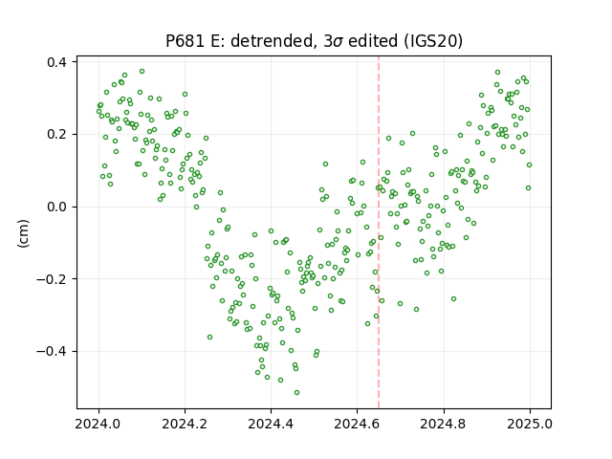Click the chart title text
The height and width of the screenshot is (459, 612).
click(x=315, y=41)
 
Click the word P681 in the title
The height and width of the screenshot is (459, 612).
click(x=185, y=41)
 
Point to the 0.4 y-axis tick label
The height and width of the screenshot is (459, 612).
click(x=56, y=62)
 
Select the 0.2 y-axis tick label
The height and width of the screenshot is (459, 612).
click(x=56, y=134)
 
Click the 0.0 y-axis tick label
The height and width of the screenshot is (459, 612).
click(x=56, y=207)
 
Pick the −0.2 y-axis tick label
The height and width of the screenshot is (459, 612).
click(x=51, y=279)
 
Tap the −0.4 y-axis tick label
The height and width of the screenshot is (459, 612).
click(x=51, y=351)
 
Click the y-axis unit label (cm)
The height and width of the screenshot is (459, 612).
click(x=23, y=233)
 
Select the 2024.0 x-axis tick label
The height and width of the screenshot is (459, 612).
click(x=98, y=424)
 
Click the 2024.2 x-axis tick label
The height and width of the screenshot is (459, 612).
click(x=185, y=424)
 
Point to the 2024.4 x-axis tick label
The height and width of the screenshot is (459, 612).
click(x=271, y=424)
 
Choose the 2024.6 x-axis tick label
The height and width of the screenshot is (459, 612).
click(x=357, y=424)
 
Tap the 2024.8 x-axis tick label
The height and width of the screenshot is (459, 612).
click(x=444, y=424)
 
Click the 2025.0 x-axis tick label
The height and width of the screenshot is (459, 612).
click(x=530, y=424)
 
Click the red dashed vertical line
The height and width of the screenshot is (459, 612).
click(x=379, y=232)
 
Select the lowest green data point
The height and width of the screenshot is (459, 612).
click(x=296, y=393)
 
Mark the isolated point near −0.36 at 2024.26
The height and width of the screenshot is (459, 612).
click(x=209, y=337)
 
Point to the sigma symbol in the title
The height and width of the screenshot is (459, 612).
click(x=339, y=42)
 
